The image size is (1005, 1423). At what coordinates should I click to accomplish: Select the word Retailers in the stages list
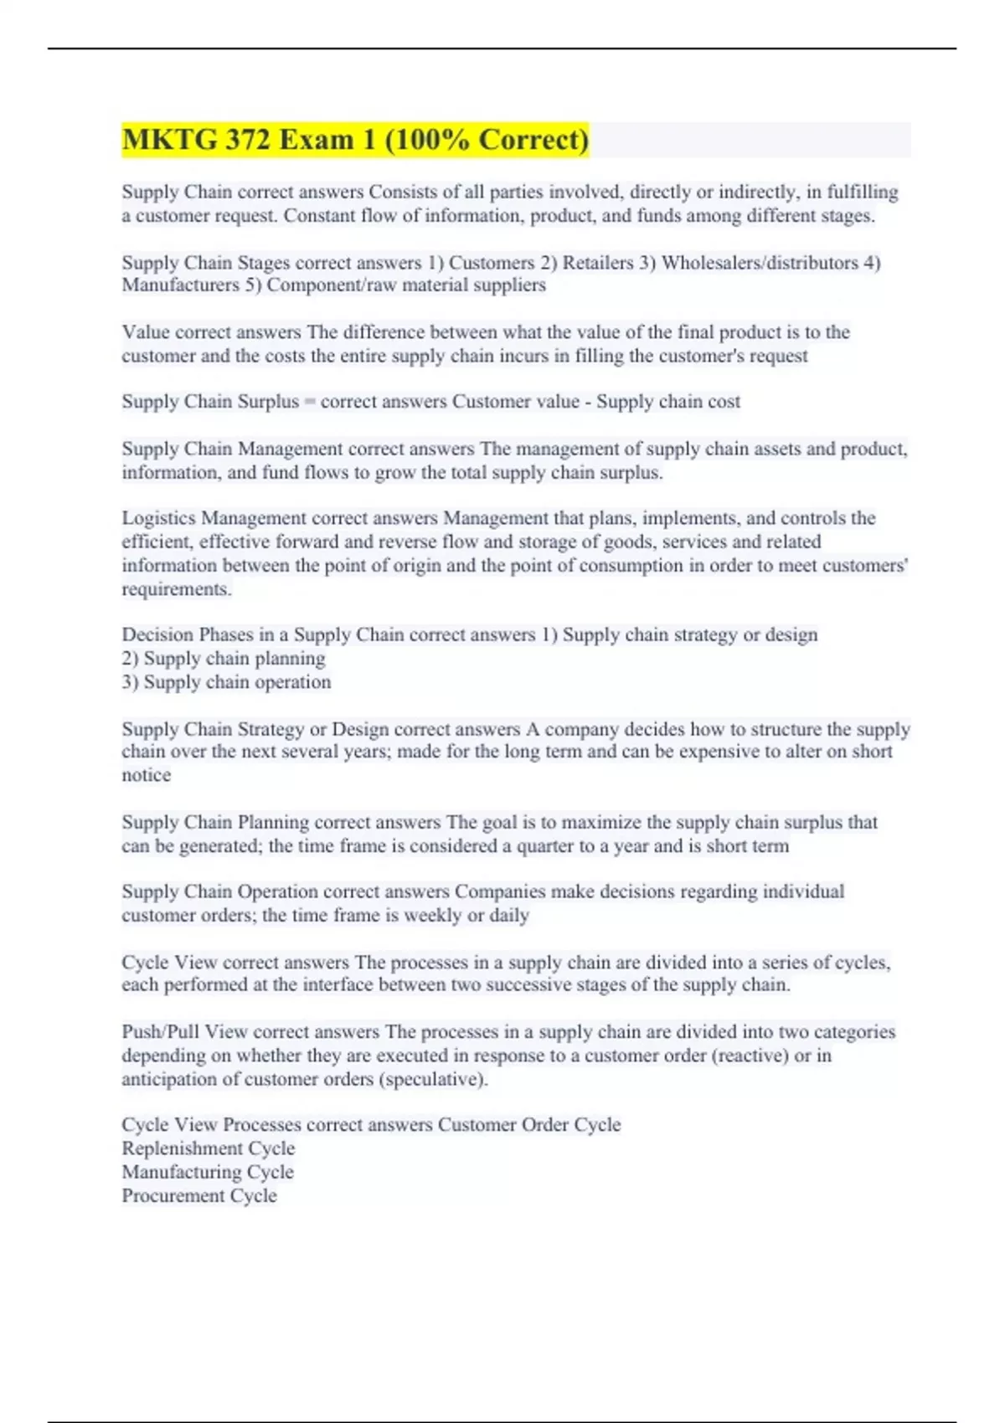(x=597, y=263)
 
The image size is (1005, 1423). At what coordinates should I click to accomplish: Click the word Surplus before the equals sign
(x=268, y=402)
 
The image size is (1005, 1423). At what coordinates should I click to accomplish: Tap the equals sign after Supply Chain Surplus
(x=309, y=403)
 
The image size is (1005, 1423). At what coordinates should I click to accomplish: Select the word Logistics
(x=158, y=518)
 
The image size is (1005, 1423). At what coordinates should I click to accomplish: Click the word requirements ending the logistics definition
(x=175, y=589)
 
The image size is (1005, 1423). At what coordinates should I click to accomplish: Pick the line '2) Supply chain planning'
(x=224, y=659)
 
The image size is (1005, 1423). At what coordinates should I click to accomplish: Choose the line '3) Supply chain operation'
(x=226, y=682)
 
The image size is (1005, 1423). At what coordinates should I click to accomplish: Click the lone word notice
(x=146, y=775)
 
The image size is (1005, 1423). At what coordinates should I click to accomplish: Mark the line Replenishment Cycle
(x=208, y=1148)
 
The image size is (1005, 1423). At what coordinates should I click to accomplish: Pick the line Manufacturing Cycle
(x=208, y=1172)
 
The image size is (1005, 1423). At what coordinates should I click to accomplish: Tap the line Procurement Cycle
(x=199, y=1195)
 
